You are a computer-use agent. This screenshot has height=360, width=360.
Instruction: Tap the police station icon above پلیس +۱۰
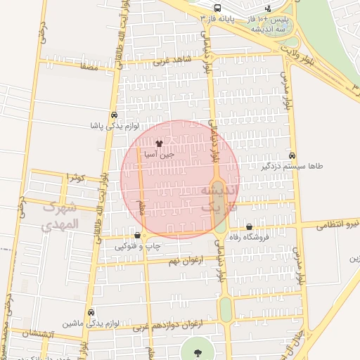[x=267, y=9]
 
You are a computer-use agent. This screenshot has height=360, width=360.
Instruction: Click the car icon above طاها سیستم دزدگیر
[x=292, y=156]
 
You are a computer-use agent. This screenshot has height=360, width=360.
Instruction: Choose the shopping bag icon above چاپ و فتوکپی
[x=137, y=236]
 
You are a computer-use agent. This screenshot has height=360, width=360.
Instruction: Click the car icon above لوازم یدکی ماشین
[x=91, y=313]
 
